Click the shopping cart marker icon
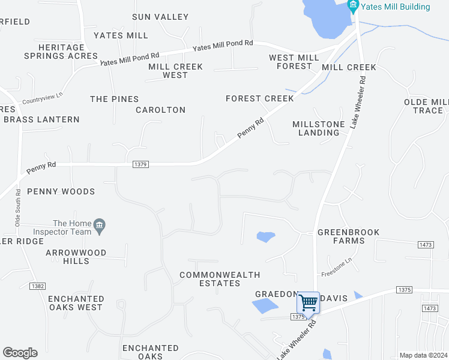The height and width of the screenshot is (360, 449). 308,302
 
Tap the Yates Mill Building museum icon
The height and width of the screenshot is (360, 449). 353,7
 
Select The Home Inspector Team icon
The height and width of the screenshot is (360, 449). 100,226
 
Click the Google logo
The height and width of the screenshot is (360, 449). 20,353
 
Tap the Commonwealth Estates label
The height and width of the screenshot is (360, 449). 220,279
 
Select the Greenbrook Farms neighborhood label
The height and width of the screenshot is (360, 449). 341,236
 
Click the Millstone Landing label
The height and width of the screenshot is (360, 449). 319,128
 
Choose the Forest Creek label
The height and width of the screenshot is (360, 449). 260,98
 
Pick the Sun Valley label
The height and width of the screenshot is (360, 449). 160,17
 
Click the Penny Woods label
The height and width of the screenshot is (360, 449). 61,191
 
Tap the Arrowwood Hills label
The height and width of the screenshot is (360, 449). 76,257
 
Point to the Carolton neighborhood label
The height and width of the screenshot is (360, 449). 160,110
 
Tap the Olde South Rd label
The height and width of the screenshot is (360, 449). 16,208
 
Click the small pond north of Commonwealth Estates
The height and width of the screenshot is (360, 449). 265,236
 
